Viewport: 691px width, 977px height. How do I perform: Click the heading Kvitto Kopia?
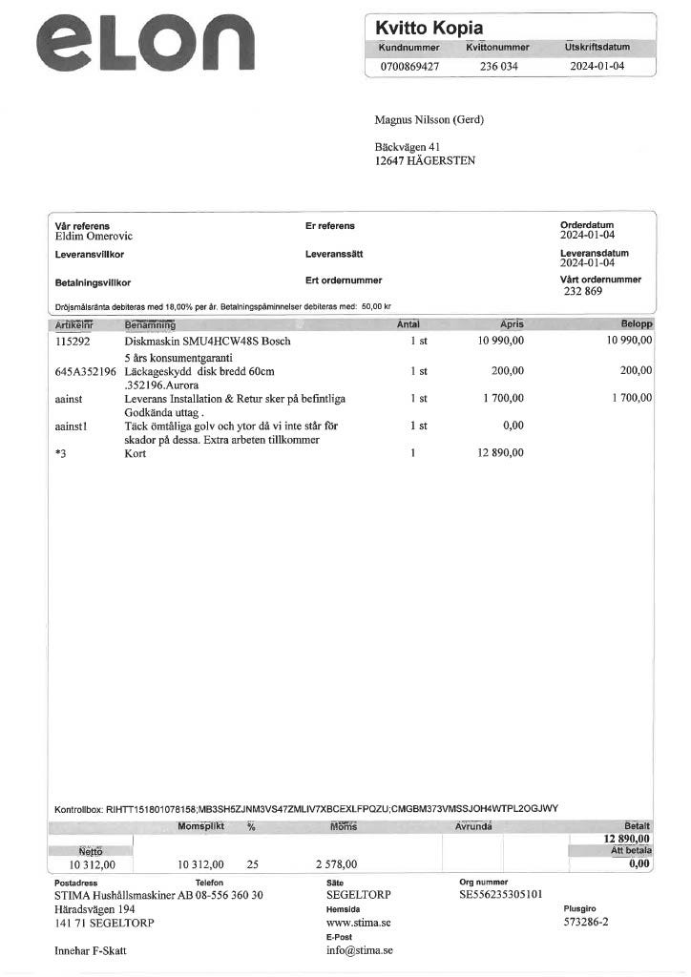click(429, 28)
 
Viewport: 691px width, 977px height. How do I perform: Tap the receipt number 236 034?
click(498, 67)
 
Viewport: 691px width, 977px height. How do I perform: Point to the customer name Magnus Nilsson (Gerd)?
click(429, 119)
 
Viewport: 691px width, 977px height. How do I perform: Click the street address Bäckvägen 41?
click(408, 147)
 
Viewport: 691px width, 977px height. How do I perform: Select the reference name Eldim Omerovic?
click(94, 236)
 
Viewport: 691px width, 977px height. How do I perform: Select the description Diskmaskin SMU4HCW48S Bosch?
click(208, 341)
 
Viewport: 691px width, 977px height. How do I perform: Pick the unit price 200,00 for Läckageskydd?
click(507, 370)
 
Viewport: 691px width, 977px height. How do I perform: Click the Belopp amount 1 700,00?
click(632, 398)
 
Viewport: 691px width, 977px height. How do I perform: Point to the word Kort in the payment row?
click(136, 453)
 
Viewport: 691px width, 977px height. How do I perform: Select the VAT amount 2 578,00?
click(336, 864)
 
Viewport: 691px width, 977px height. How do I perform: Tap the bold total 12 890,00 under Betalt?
click(626, 838)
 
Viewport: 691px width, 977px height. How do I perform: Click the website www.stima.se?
click(359, 923)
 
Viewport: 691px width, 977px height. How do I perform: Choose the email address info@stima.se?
click(360, 950)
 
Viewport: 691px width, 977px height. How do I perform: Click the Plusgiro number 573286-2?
click(586, 923)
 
